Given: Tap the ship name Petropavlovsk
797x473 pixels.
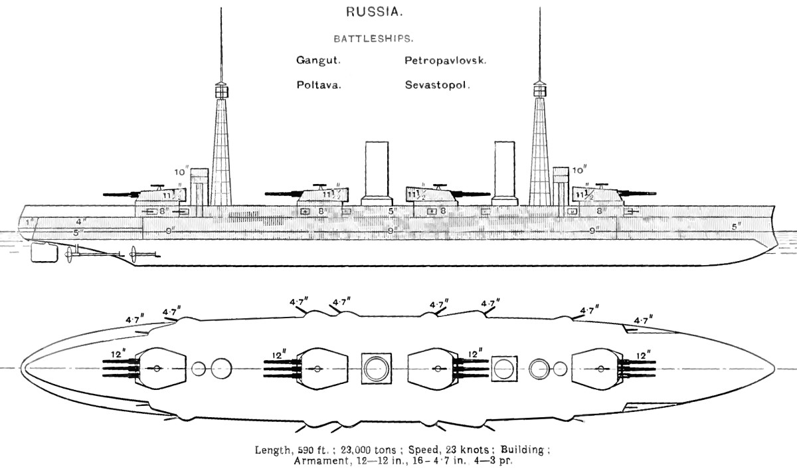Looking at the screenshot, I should (x=446, y=60).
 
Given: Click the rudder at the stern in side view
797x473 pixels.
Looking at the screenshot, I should (x=43, y=252).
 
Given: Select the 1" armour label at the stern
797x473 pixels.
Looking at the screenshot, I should (x=27, y=221).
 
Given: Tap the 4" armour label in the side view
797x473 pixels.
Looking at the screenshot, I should (x=80, y=221).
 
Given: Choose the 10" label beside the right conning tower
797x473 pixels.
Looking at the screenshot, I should (x=578, y=170).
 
